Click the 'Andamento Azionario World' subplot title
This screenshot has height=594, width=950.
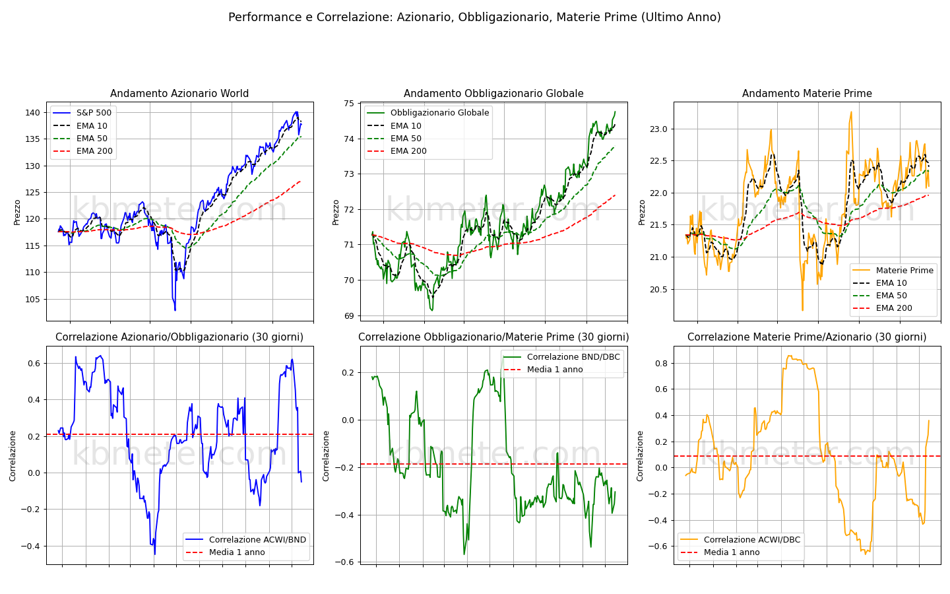(179, 93)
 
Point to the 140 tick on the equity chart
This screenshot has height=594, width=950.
(33, 113)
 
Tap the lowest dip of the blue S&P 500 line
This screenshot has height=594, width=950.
(175, 310)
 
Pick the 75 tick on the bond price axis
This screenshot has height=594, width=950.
(348, 104)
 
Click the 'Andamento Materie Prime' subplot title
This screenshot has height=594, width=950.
(807, 93)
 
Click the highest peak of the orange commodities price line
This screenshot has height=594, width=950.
(851, 112)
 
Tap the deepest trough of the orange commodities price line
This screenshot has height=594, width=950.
(802, 310)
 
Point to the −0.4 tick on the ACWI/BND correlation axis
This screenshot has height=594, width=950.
(31, 546)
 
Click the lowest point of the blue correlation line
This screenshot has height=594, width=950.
(155, 554)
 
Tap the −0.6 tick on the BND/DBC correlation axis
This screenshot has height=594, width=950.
(345, 562)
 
